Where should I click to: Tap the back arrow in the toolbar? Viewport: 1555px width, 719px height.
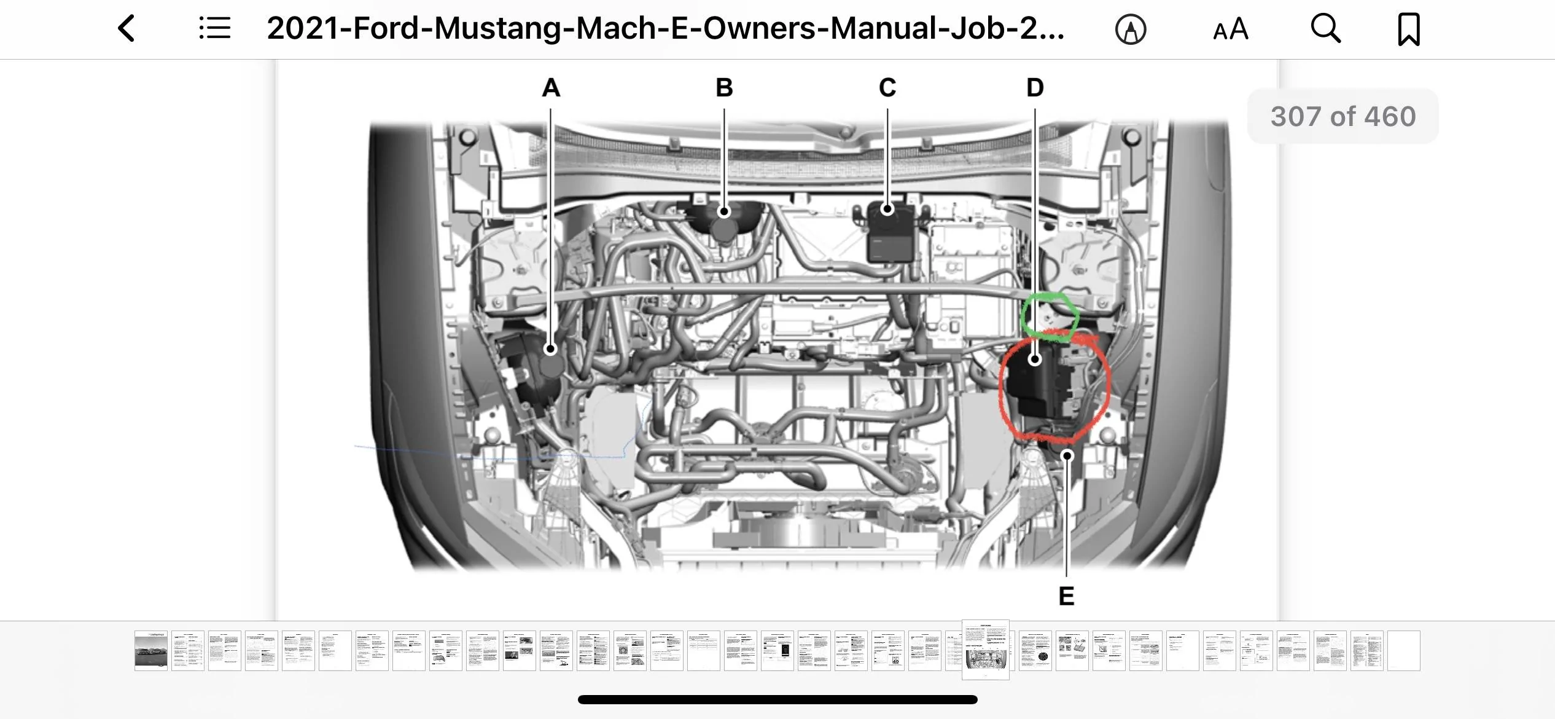coord(127,29)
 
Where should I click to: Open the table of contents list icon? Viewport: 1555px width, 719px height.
coord(215,28)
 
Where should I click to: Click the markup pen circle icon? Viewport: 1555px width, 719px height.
coord(1131,29)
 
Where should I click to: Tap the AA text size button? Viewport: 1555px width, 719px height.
coord(1231,29)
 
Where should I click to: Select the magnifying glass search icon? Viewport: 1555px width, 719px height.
coord(1326,28)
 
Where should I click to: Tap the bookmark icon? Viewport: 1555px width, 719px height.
coord(1409,29)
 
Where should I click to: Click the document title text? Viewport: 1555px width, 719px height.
coord(666,28)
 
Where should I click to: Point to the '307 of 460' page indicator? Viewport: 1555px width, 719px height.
coord(1343,116)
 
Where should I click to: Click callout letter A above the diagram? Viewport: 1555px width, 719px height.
coord(551,88)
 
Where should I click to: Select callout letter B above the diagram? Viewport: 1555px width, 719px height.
coord(725,88)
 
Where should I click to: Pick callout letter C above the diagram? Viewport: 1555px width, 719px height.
coord(887,88)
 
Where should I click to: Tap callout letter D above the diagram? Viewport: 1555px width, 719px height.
coord(1035,88)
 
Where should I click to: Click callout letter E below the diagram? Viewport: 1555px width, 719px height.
coord(1067,596)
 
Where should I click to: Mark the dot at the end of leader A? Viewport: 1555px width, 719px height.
coord(550,349)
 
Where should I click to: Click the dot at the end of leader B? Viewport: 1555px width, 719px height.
coord(724,211)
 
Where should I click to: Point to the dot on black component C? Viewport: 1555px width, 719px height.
coord(887,209)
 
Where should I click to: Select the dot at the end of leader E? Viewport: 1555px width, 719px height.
coord(1068,455)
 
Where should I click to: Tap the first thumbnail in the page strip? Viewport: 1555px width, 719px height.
coord(151,650)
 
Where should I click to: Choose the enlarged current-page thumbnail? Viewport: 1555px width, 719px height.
coord(986,650)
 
